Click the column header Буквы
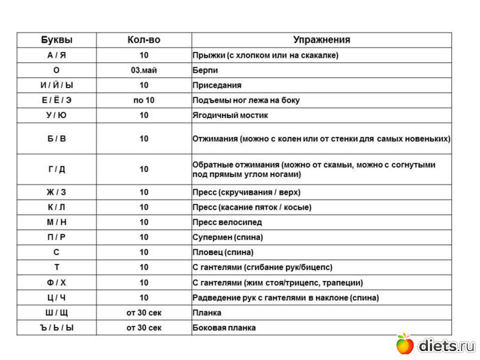[x=56, y=40]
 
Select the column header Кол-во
[x=144, y=40]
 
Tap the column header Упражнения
[x=322, y=40]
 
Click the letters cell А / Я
[x=56, y=55]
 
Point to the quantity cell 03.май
[x=144, y=70]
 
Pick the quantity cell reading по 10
[x=144, y=100]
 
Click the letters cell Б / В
[x=56, y=139]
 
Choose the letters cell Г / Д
[x=56, y=169]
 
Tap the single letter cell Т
[x=56, y=267]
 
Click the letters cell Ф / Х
[x=56, y=283]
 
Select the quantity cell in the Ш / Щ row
[x=144, y=313]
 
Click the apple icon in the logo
[x=405, y=343]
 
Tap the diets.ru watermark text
[x=446, y=345]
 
